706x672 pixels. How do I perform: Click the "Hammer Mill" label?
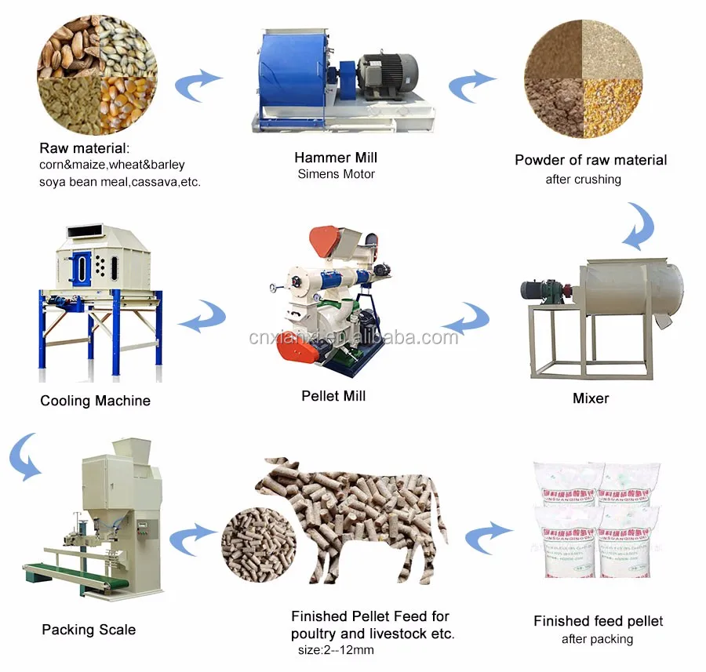pyautogui.click(x=335, y=158)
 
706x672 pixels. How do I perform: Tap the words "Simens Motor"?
pyautogui.click(x=336, y=174)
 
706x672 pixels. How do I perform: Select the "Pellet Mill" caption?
pyautogui.click(x=333, y=396)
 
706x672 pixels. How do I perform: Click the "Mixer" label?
pyautogui.click(x=591, y=398)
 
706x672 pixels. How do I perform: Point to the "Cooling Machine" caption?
pyautogui.click(x=95, y=401)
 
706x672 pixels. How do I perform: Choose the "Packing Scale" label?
pyautogui.click(x=89, y=630)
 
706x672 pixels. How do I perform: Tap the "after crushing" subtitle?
pyautogui.click(x=583, y=180)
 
